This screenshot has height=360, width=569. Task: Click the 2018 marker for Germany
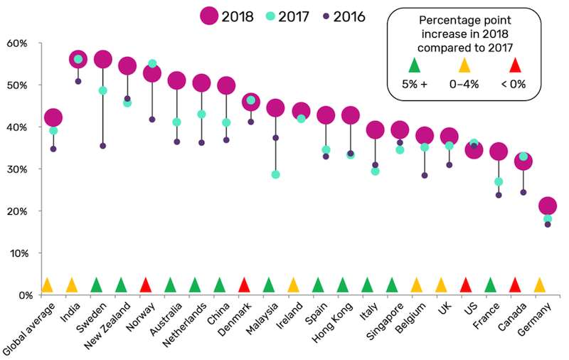(x=548, y=206)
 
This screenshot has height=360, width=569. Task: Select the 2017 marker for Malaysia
(x=275, y=174)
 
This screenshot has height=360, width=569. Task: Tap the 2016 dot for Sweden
(x=102, y=146)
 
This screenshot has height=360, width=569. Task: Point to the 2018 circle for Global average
(x=53, y=117)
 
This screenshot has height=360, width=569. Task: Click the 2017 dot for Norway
(x=152, y=64)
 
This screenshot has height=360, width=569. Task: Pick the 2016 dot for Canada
(x=523, y=192)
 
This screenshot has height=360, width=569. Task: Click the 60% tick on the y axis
(x=16, y=43)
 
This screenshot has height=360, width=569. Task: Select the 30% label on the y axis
(x=16, y=169)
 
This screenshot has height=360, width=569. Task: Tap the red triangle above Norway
(x=145, y=285)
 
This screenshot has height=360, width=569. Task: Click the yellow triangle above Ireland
(x=293, y=285)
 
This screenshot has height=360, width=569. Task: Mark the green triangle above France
(x=490, y=285)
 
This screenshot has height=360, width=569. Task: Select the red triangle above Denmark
(x=244, y=285)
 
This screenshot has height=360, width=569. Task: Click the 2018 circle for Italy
(x=376, y=129)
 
